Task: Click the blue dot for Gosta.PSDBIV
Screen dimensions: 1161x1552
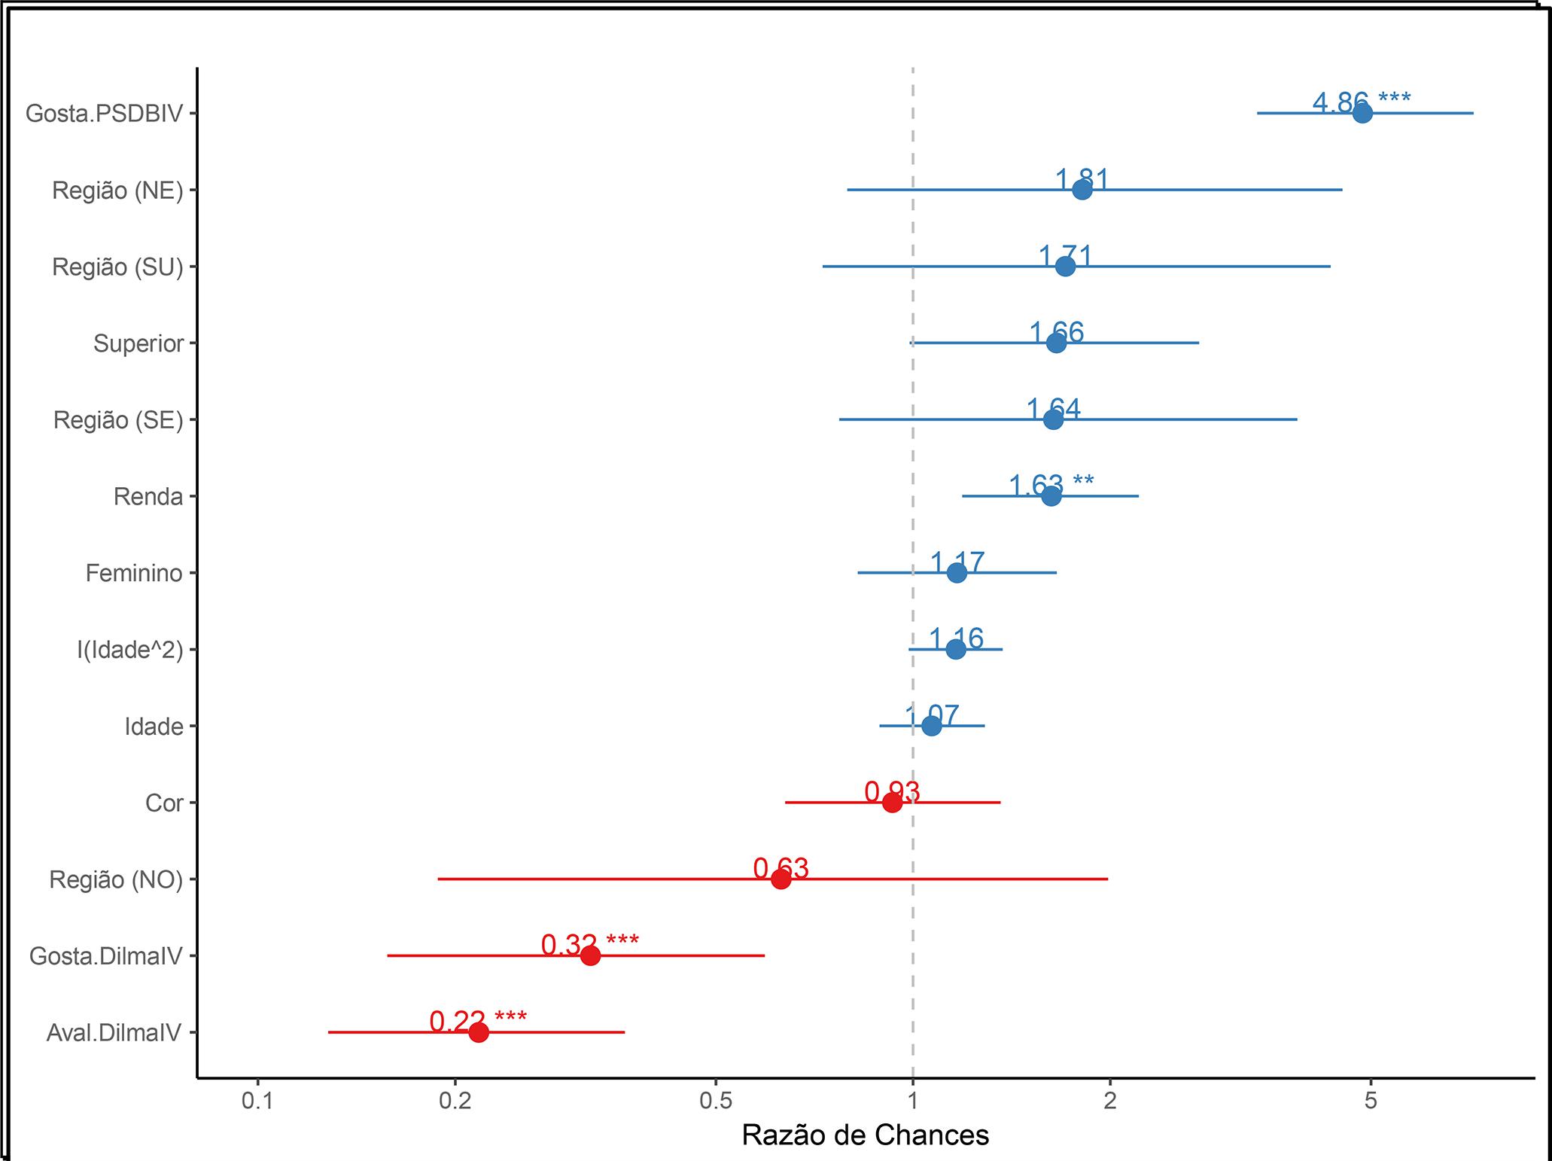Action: [1362, 113]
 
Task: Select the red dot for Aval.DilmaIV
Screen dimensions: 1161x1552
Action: [478, 1032]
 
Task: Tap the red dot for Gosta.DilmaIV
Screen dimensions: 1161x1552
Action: [590, 955]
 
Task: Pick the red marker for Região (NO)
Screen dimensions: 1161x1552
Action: [781, 879]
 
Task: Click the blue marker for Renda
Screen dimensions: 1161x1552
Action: [1051, 496]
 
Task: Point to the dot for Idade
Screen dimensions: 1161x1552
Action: [931, 726]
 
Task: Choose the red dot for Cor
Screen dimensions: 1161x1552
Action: [892, 803]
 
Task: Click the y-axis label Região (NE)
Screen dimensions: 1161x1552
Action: [117, 190]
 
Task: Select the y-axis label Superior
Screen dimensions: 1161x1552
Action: [138, 343]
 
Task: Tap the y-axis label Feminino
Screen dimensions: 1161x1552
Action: [134, 573]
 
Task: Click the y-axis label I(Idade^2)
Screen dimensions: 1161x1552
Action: [129, 650]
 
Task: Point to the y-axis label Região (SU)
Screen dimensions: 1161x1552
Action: [117, 267]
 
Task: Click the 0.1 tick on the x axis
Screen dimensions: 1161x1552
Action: [257, 1101]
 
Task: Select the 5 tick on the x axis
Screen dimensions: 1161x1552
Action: [1371, 1101]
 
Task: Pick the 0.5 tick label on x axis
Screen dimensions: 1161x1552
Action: [716, 1101]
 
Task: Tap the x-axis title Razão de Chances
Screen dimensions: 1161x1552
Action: [865, 1135]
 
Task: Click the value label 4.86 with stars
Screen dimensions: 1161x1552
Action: [1361, 101]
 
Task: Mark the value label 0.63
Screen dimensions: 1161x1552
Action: [781, 868]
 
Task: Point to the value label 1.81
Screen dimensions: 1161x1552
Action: [1082, 179]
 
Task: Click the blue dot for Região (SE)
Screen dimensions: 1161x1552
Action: [1053, 419]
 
